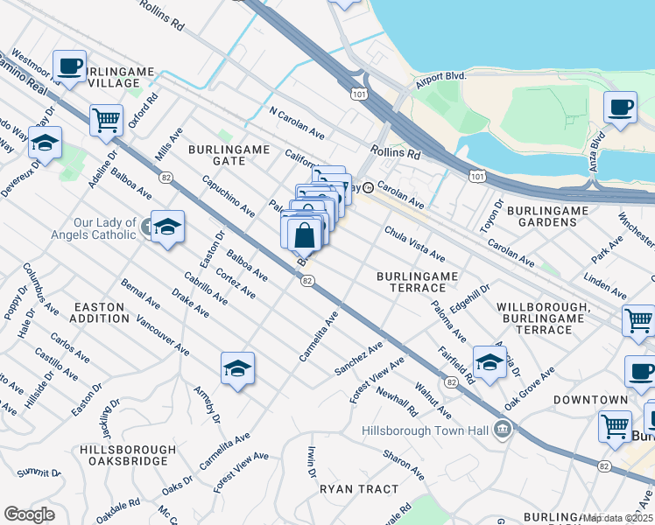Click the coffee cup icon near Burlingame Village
pyautogui.click(x=69, y=65)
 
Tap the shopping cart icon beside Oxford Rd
pyautogui.click(x=106, y=119)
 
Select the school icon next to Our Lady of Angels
pyautogui.click(x=167, y=226)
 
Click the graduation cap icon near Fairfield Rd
pyautogui.click(x=489, y=360)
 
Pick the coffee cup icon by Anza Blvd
pyautogui.click(x=620, y=108)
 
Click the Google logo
pyautogui.click(x=29, y=514)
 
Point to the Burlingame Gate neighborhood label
pyautogui.click(x=229, y=155)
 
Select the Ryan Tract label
pyautogui.click(x=358, y=489)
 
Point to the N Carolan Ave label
pyautogui.click(x=297, y=124)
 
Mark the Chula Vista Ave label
pyautogui.click(x=415, y=242)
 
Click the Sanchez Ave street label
pyautogui.click(x=359, y=359)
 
